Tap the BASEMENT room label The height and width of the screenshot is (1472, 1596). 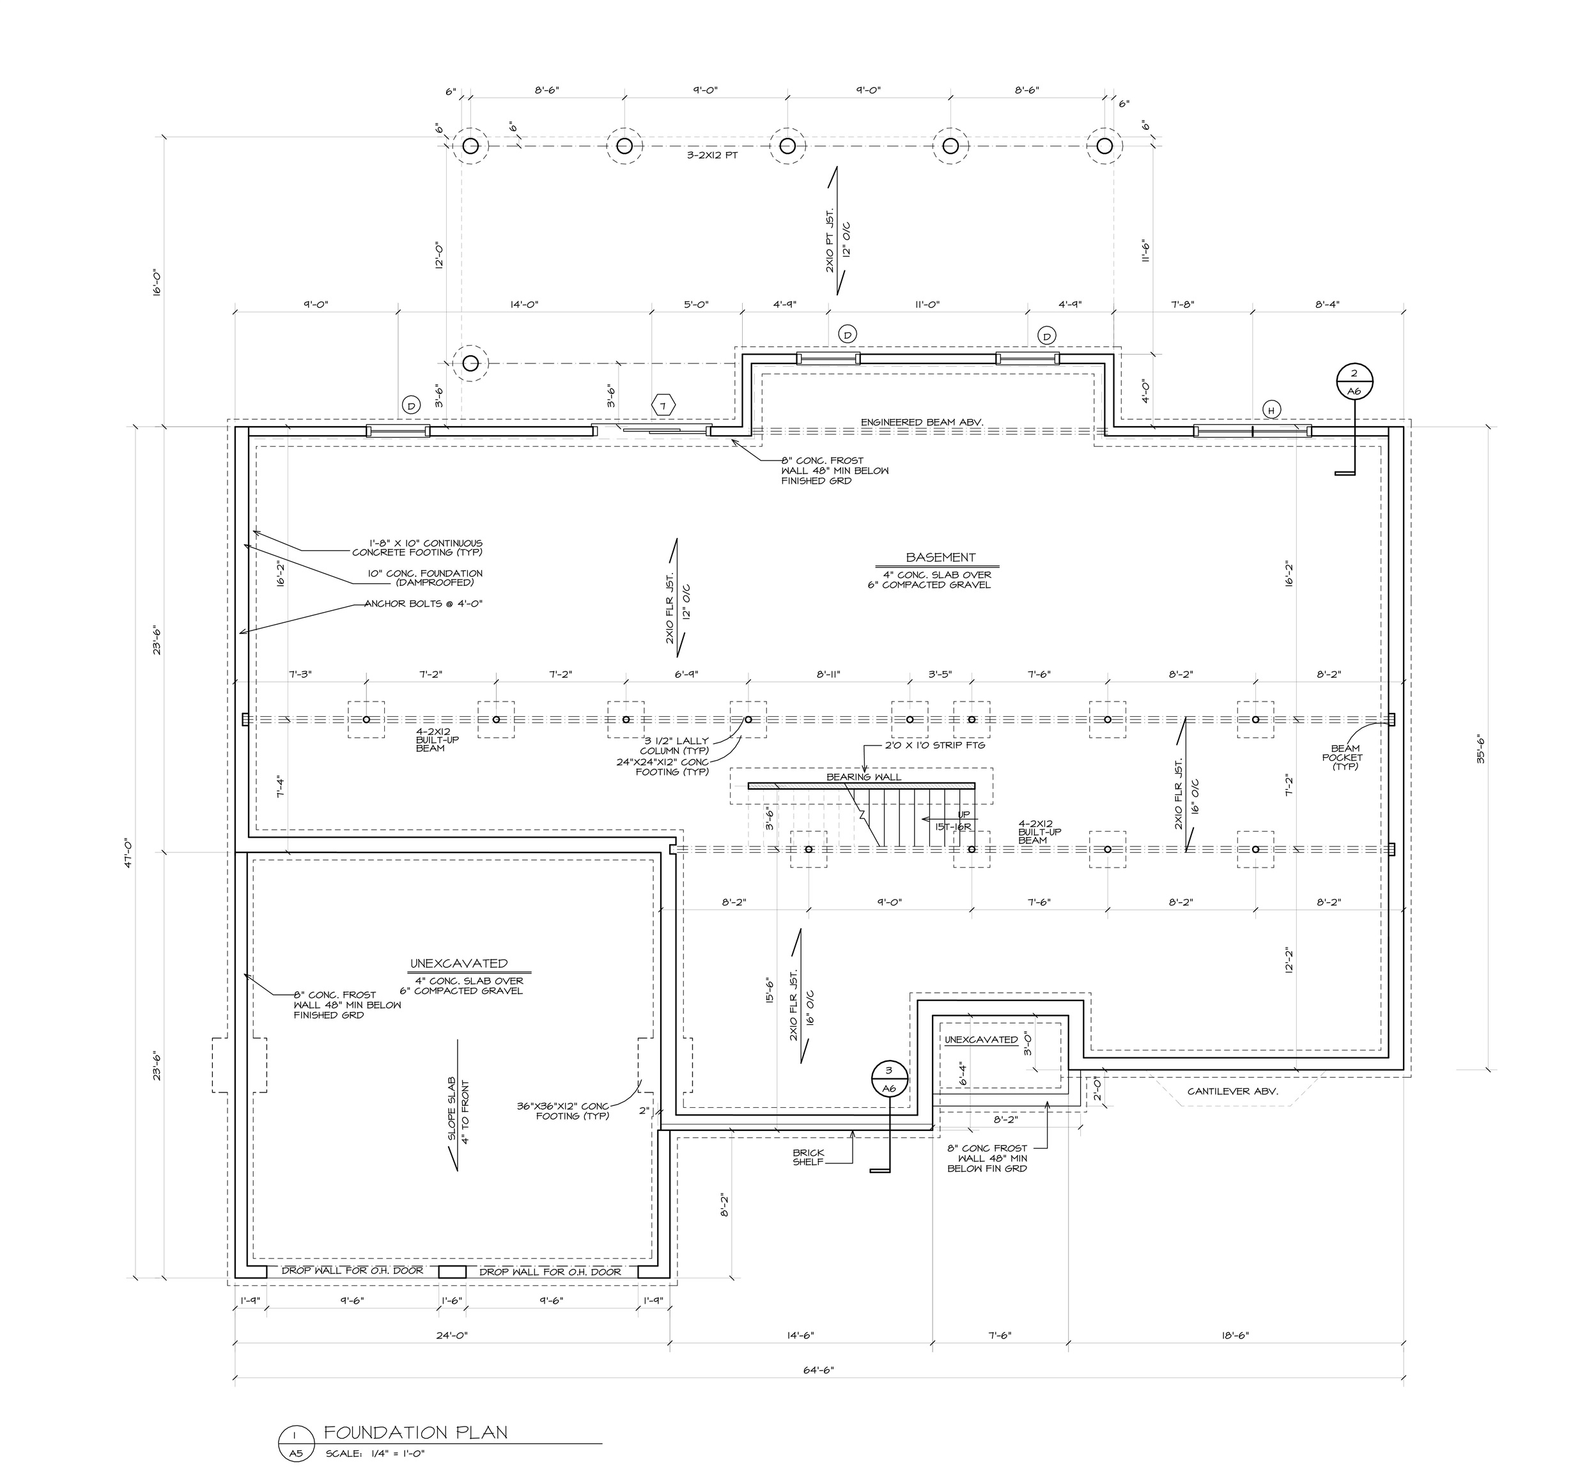pos(940,558)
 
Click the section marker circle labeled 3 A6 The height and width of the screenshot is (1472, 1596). pos(889,1078)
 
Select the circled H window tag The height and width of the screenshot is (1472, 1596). pos(1271,410)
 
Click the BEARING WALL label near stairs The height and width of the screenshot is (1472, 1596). pos(864,777)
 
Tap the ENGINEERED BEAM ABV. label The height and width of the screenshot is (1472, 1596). pos(922,422)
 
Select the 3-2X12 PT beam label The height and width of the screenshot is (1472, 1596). pos(712,156)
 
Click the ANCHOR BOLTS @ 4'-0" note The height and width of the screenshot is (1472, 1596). pos(423,604)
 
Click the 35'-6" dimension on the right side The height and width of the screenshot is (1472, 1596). pos(1480,749)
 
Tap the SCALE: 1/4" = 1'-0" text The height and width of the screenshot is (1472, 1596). pos(375,1453)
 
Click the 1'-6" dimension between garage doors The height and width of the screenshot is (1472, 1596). pos(452,1301)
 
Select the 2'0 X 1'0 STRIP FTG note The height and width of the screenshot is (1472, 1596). pos(934,746)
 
